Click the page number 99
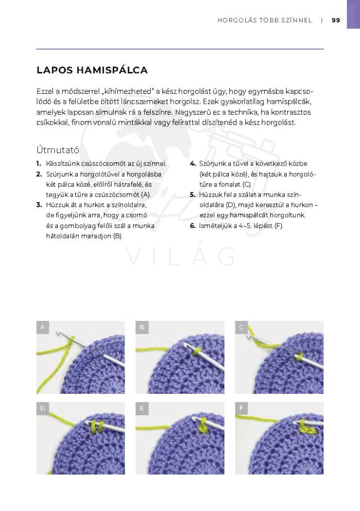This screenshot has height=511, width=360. tap(336, 20)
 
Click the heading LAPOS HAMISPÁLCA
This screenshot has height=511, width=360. tap(92, 70)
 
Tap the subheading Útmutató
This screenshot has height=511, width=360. tap(58, 149)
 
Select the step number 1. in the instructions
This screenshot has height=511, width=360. tap(39, 164)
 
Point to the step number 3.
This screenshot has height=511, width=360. tap(39, 205)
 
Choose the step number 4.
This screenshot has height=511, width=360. tap(192, 164)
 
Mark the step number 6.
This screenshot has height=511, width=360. tap(192, 226)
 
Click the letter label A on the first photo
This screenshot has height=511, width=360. tap(43, 327)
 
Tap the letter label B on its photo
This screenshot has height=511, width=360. tap(142, 327)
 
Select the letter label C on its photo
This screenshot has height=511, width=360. tap(241, 327)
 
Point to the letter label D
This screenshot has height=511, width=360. tap(43, 408)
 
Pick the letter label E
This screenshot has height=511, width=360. tap(142, 408)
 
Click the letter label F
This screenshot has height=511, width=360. tap(241, 408)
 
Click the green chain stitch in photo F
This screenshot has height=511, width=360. tap(303, 426)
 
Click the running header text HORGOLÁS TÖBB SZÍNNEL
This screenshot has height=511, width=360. tap(265, 20)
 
